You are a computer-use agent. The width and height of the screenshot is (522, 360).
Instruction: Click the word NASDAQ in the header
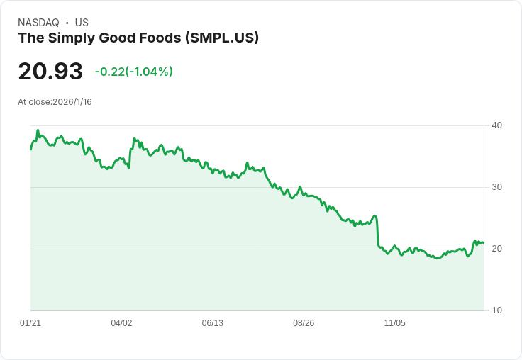[38, 23]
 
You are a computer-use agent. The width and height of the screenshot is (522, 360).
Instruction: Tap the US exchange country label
[82, 23]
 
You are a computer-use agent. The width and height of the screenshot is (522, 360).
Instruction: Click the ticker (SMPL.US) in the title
[221, 38]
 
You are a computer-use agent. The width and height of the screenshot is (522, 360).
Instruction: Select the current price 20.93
[50, 71]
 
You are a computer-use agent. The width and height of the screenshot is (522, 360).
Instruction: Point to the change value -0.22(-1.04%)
[134, 72]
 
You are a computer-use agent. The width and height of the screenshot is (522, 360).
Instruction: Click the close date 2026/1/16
[72, 102]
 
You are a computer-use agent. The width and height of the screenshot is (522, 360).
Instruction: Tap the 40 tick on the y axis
[496, 125]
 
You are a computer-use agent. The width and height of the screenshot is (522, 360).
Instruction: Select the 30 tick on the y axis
[496, 187]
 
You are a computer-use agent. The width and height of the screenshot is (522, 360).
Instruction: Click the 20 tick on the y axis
[496, 249]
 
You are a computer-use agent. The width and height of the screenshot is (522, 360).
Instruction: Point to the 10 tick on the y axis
[496, 310]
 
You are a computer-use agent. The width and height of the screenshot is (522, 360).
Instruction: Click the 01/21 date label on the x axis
[30, 323]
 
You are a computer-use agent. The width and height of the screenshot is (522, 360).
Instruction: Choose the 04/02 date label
[121, 323]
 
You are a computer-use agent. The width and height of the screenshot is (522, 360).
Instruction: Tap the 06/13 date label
[212, 323]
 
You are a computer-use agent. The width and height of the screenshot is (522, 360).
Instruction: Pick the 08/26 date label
[304, 323]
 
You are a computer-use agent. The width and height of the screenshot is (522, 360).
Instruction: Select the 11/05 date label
[394, 323]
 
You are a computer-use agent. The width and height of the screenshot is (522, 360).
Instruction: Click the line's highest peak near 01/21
[38, 130]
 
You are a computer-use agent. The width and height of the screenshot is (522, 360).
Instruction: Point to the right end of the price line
[483, 243]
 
